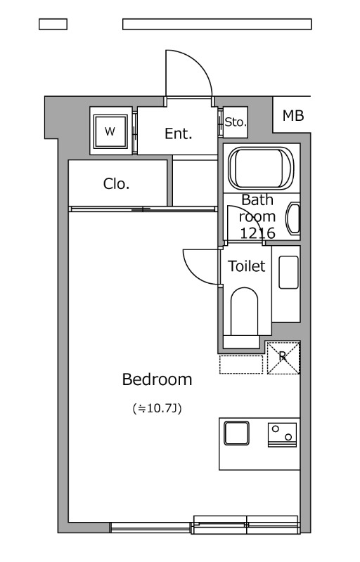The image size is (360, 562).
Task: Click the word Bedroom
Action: (157, 379)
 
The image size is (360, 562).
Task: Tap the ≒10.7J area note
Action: (157, 408)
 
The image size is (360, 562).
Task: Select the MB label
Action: (293, 116)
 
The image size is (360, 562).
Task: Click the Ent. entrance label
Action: (178, 133)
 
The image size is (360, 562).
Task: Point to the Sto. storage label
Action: (236, 122)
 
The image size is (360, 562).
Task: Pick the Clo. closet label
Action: (116, 184)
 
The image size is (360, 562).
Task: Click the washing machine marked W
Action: (110, 131)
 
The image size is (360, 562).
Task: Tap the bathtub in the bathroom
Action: (261, 169)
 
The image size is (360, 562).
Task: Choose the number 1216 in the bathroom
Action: (257, 233)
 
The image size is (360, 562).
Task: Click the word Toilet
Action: (247, 266)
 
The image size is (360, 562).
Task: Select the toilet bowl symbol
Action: (244, 311)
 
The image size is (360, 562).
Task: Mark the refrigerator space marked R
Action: (283, 358)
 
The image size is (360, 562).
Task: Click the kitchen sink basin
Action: (236, 433)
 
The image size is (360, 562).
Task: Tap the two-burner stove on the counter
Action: (282, 435)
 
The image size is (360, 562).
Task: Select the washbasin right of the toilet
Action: (289, 273)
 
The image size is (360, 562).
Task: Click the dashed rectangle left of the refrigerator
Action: (241, 365)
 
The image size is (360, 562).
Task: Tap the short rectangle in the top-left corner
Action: (53, 24)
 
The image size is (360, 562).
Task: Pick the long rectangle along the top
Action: (217, 24)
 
